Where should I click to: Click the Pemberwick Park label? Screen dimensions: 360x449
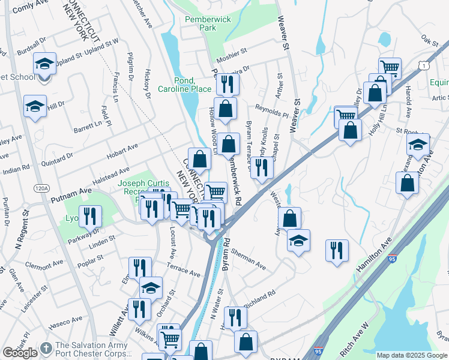pos(208,23)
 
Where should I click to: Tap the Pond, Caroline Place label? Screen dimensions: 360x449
pos(184,85)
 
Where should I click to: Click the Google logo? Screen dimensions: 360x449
pos(20,353)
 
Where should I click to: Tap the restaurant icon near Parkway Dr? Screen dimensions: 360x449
pos(91,216)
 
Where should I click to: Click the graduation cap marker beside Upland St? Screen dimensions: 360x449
pos(44,64)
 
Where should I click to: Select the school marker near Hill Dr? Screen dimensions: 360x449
pos(35,106)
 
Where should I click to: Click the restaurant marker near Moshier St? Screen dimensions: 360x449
pos(226,84)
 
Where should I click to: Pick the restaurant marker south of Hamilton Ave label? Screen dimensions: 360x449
pos(337,250)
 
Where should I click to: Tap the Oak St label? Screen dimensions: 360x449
pos(430,41)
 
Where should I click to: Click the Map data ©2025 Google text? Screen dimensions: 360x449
pos(412,355)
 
